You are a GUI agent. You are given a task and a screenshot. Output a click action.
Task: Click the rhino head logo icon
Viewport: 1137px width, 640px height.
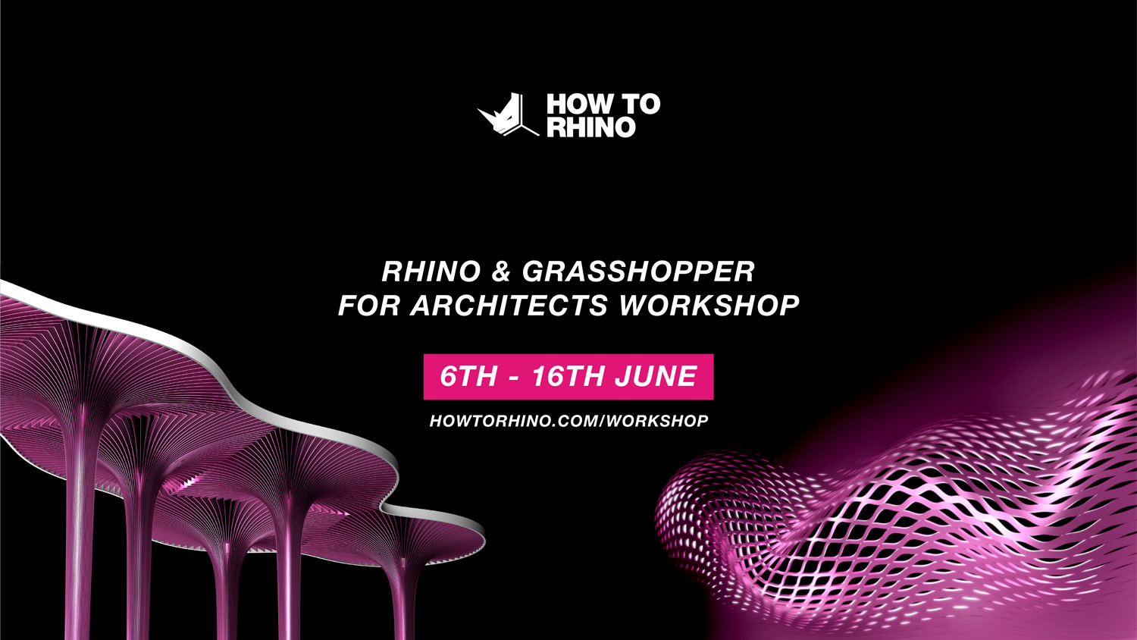(x=506, y=115)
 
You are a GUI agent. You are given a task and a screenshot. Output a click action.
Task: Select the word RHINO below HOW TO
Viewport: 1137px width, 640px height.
(x=591, y=127)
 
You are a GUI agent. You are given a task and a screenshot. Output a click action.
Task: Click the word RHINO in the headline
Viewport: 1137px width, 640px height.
(x=431, y=271)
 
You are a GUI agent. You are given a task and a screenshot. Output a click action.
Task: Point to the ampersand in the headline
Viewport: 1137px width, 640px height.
(x=501, y=271)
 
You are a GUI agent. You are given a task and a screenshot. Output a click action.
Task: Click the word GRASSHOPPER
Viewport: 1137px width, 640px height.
(x=638, y=271)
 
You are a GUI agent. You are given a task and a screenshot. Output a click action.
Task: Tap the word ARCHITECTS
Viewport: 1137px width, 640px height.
(x=509, y=306)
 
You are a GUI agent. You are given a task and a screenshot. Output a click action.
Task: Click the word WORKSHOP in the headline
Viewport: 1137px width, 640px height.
(x=709, y=306)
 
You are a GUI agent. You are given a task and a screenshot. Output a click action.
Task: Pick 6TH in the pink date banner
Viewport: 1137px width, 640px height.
(x=468, y=377)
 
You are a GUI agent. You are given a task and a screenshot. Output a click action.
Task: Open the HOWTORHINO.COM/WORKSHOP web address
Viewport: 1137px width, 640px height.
(x=568, y=421)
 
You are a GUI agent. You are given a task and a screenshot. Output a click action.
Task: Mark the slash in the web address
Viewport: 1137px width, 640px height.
(x=603, y=421)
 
